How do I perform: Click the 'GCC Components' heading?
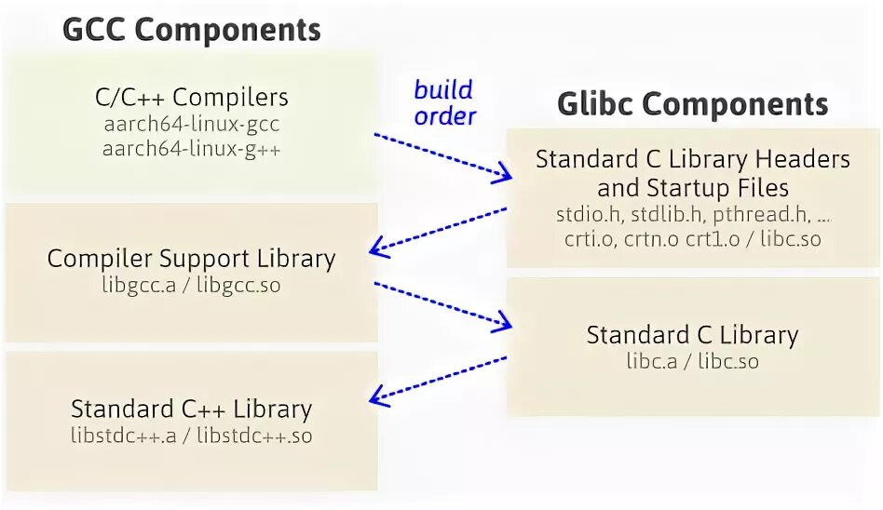(191, 29)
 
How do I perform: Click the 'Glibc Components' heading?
(692, 103)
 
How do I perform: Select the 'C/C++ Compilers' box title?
(192, 97)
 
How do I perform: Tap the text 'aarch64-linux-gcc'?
(192, 123)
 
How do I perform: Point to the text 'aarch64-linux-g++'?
(192, 147)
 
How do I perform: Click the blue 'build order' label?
(444, 102)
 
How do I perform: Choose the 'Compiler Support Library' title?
(191, 258)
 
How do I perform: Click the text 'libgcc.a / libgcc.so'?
(191, 285)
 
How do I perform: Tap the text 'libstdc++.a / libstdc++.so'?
(191, 435)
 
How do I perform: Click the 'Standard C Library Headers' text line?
(692, 159)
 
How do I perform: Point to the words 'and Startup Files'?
(692, 187)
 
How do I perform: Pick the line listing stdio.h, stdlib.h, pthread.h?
(692, 214)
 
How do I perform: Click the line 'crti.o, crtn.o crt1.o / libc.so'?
(692, 238)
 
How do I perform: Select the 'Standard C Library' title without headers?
(692, 335)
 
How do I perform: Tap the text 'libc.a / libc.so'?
(692, 361)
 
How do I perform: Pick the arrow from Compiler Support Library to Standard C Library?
(442, 303)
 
